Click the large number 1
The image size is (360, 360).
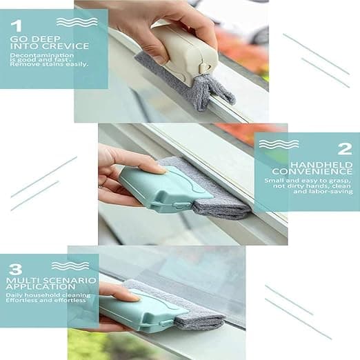pos(16,26)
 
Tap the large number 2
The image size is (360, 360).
pos(345,149)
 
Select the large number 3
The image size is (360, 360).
pos(16,269)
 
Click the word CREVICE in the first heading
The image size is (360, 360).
pos(66,46)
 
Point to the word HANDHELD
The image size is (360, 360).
pos(321,165)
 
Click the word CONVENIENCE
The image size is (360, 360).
pos(312,171)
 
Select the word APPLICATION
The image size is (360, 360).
pos(41,287)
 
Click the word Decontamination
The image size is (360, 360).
pos(42,55)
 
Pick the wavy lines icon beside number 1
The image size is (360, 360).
pos(77,22)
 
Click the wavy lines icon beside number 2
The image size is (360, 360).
pos(279,144)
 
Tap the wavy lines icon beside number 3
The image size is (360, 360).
pos(70,266)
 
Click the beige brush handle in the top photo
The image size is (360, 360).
pos(186,54)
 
